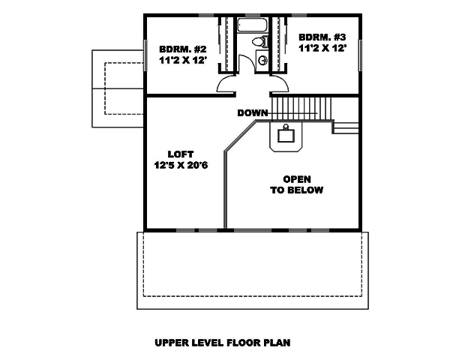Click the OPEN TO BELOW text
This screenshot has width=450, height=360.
[296, 184]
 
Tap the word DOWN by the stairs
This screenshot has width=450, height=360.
[253, 113]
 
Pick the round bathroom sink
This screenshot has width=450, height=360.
[262, 61]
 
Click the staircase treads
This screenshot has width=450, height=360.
[300, 107]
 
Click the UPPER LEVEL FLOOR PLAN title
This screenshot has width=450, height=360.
[222, 343]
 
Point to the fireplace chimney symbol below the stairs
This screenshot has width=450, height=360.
[286, 136]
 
